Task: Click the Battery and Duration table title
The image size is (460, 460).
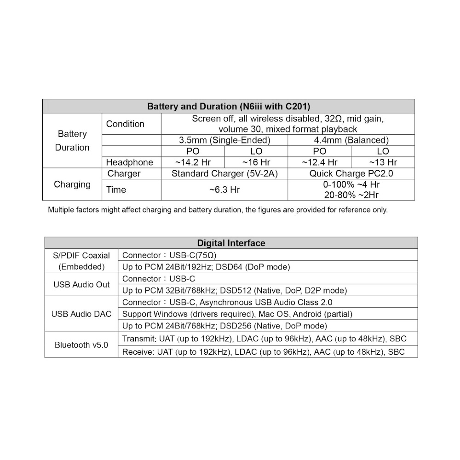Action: pos(229,106)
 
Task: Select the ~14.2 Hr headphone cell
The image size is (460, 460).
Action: pos(193,162)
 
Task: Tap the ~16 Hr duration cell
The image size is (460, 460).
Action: pos(256,162)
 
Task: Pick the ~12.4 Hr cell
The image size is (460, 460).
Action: pos(319,162)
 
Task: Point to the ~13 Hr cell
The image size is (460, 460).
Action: pos(383,162)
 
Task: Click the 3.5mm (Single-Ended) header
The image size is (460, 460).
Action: pos(224,140)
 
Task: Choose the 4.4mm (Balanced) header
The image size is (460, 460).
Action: pos(351,140)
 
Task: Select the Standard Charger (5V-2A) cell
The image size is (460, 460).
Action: pos(224,174)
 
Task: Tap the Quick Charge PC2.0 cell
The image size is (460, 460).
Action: pos(351,174)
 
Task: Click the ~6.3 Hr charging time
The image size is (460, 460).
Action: pos(224,190)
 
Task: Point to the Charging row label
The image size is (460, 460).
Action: pos(72,184)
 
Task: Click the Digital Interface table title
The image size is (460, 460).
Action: pos(231,243)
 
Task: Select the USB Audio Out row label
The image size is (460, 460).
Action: pos(81,285)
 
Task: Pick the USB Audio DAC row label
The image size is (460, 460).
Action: pos(81,315)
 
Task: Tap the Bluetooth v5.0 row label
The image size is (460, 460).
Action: pos(81,345)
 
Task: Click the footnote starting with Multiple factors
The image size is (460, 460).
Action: pos(218,210)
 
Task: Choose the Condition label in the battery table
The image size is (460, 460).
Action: pos(125,124)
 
